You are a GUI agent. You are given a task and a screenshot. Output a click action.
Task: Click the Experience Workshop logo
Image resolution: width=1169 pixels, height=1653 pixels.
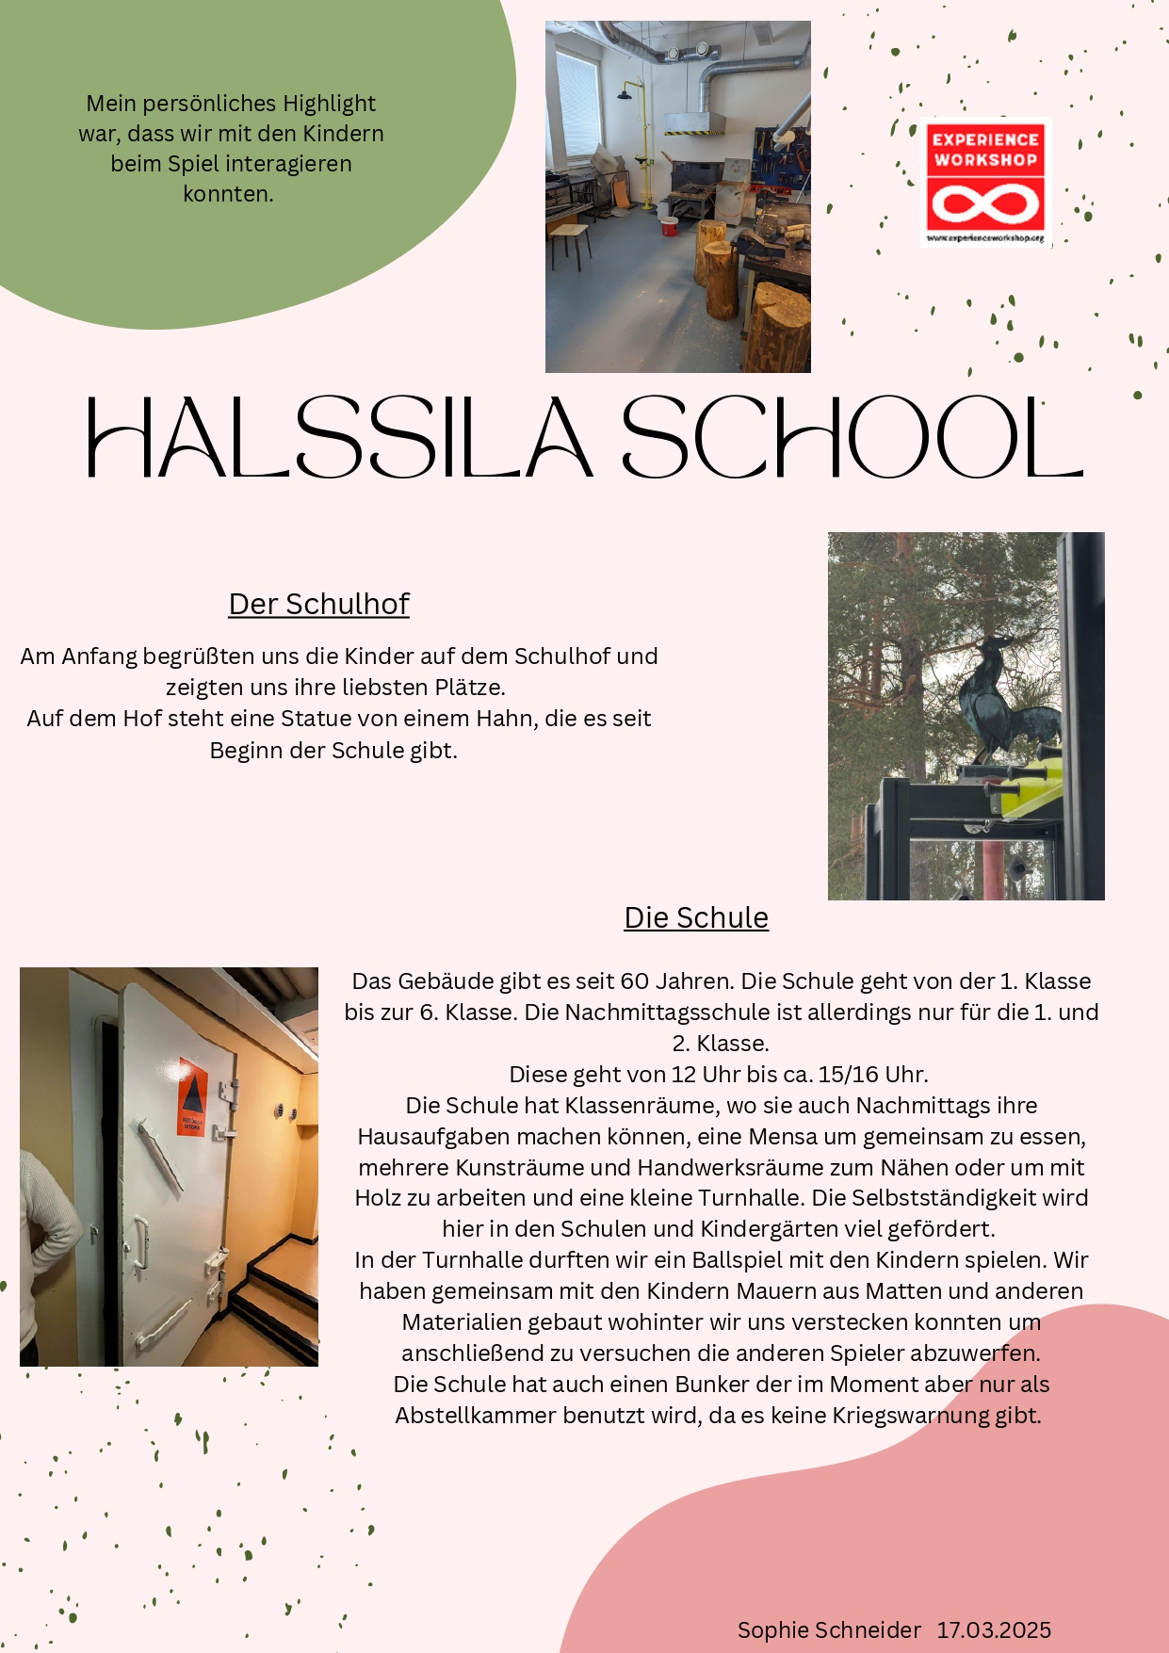[985, 182]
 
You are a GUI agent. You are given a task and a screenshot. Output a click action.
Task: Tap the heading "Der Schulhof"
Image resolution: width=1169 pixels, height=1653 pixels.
[318, 604]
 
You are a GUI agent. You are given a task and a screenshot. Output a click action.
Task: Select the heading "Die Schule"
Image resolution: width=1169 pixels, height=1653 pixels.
[696, 917]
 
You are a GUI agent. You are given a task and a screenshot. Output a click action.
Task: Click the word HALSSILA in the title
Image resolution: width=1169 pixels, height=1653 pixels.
[339, 438]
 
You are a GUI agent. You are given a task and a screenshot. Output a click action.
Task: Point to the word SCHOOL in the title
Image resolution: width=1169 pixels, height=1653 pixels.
[852, 438]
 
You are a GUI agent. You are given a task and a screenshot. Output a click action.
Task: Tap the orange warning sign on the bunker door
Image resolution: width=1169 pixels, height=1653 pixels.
[192, 1097]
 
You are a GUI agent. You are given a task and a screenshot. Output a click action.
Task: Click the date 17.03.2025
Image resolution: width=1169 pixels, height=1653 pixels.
[994, 1629]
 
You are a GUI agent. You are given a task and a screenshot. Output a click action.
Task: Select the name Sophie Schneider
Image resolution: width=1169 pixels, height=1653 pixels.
[829, 1629]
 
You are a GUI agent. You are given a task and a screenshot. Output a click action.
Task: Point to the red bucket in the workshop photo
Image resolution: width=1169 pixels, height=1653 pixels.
[669, 226]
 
